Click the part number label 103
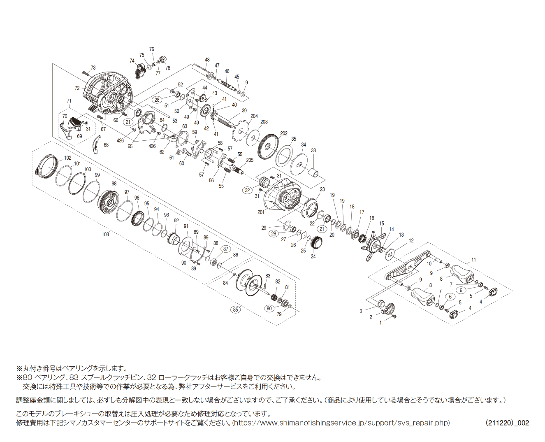tap(105, 234)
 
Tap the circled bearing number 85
tap(235, 309)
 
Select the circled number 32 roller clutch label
tap(247, 190)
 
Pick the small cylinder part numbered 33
tap(315, 172)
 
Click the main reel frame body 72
tap(108, 93)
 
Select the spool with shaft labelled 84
tap(251, 284)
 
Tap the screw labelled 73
tap(86, 72)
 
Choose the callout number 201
tap(261, 212)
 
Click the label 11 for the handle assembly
tap(473, 260)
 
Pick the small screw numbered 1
tap(394, 316)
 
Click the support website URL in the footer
tap(341, 423)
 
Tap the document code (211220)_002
tap(507, 423)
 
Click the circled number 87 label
tap(225, 249)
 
